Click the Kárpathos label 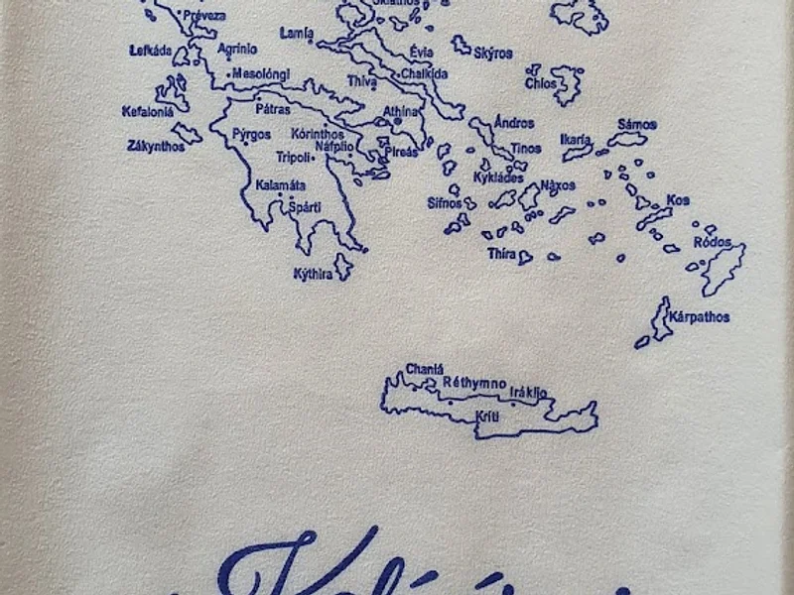click(x=700, y=317)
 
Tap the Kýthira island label click(x=312, y=274)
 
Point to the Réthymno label click(x=474, y=382)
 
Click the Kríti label click(x=486, y=416)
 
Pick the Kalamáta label click(x=280, y=185)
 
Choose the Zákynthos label click(x=156, y=146)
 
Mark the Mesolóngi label click(x=261, y=72)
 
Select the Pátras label click(x=273, y=109)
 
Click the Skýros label click(x=493, y=53)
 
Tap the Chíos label click(x=542, y=83)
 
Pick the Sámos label click(x=636, y=124)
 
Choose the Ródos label click(x=712, y=242)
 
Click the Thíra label click(x=501, y=254)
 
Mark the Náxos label click(x=558, y=185)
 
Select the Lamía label click(x=296, y=33)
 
